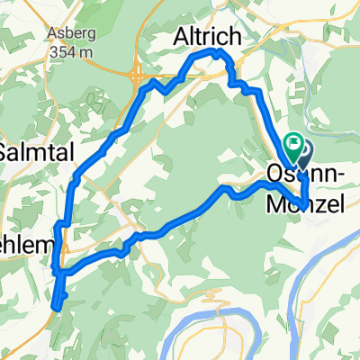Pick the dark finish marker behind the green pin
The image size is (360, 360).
click(303, 150)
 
